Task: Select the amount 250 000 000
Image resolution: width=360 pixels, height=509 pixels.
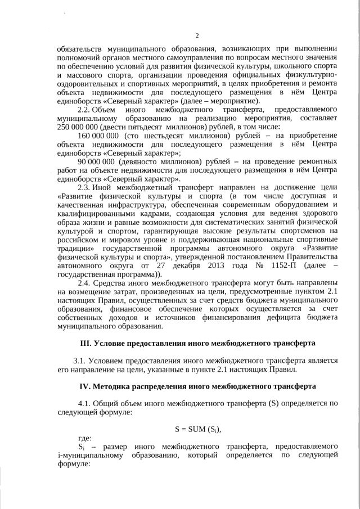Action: click(x=79, y=127)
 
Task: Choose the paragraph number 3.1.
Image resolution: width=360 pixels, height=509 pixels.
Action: click(x=82, y=361)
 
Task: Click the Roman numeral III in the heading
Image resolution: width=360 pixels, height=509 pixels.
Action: click(x=85, y=343)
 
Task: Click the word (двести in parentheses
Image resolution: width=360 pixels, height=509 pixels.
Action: click(x=123, y=127)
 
